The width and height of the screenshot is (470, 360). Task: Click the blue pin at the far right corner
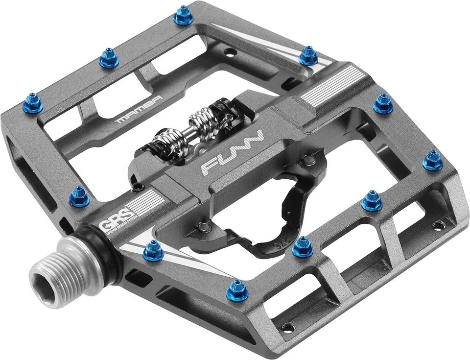pyautogui.click(x=433, y=160)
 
